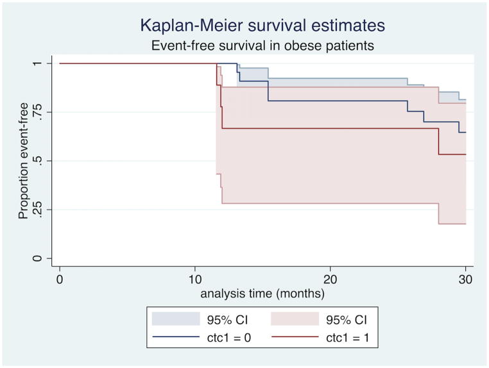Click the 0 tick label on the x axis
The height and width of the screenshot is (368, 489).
(60, 280)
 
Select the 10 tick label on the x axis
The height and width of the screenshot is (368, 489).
(195, 280)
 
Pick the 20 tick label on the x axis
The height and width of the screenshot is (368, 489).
(330, 280)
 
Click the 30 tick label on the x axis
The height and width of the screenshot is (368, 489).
(465, 280)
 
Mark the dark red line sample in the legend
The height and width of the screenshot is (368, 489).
(293, 335)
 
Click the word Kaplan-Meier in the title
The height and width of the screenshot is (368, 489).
(192, 26)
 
